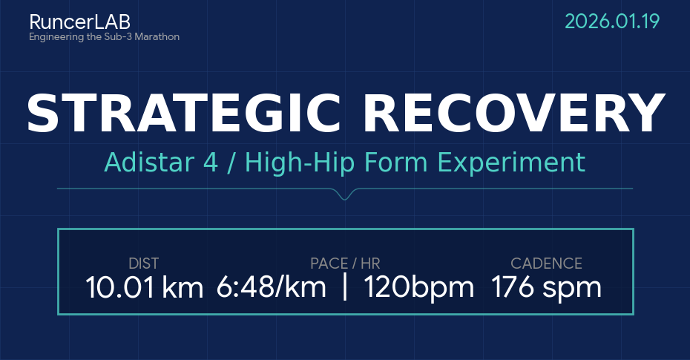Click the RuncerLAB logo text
(x=79, y=22)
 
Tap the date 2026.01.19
(x=612, y=22)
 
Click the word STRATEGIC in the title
(x=184, y=114)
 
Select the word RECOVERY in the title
(x=513, y=114)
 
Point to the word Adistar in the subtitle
(x=149, y=162)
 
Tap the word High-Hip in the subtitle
(x=300, y=163)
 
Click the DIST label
(x=143, y=264)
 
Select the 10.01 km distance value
(x=145, y=287)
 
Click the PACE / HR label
(x=345, y=264)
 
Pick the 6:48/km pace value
(x=271, y=287)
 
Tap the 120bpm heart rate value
(x=418, y=287)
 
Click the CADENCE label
(x=546, y=264)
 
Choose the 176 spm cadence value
(x=546, y=287)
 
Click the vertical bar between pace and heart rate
(x=345, y=287)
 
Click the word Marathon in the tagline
(x=157, y=36)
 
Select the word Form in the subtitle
(x=396, y=162)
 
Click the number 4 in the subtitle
(x=211, y=163)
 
